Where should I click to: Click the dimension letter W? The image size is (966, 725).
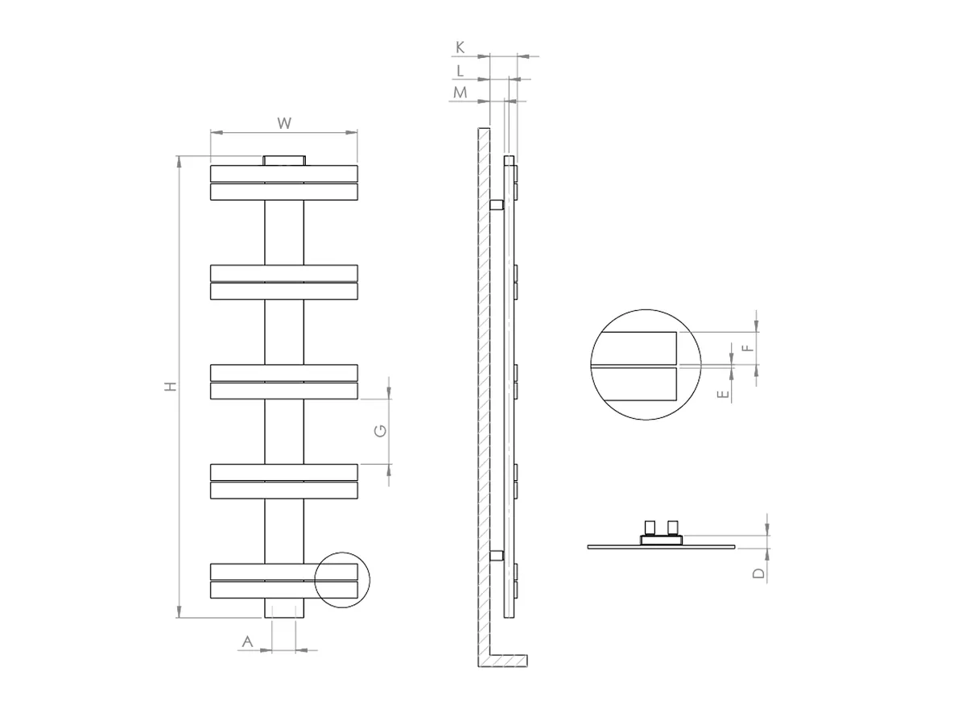pyautogui.click(x=283, y=123)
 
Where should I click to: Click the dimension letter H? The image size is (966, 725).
pyautogui.click(x=170, y=387)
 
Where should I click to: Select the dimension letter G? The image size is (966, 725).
pyautogui.click(x=382, y=431)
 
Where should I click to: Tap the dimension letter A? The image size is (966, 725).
pyautogui.click(x=248, y=641)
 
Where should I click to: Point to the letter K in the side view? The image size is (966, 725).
pyautogui.click(x=460, y=48)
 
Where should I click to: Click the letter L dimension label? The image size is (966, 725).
pyautogui.click(x=460, y=71)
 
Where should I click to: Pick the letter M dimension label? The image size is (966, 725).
pyautogui.click(x=460, y=93)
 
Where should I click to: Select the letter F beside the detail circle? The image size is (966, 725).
pyautogui.click(x=747, y=348)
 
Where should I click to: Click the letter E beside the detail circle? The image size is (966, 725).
pyautogui.click(x=724, y=395)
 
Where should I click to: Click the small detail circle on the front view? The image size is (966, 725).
pyautogui.click(x=341, y=579)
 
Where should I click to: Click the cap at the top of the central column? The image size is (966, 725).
pyautogui.click(x=283, y=159)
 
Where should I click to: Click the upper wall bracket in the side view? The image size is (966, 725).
pyautogui.click(x=496, y=205)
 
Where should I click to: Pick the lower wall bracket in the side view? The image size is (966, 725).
pyautogui.click(x=496, y=555)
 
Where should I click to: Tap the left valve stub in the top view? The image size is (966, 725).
pyautogui.click(x=650, y=528)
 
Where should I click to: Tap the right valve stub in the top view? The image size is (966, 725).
pyautogui.click(x=672, y=528)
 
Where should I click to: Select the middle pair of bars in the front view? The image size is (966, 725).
pyautogui.click(x=283, y=382)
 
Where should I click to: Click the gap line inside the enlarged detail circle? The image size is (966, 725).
pyautogui.click(x=636, y=367)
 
